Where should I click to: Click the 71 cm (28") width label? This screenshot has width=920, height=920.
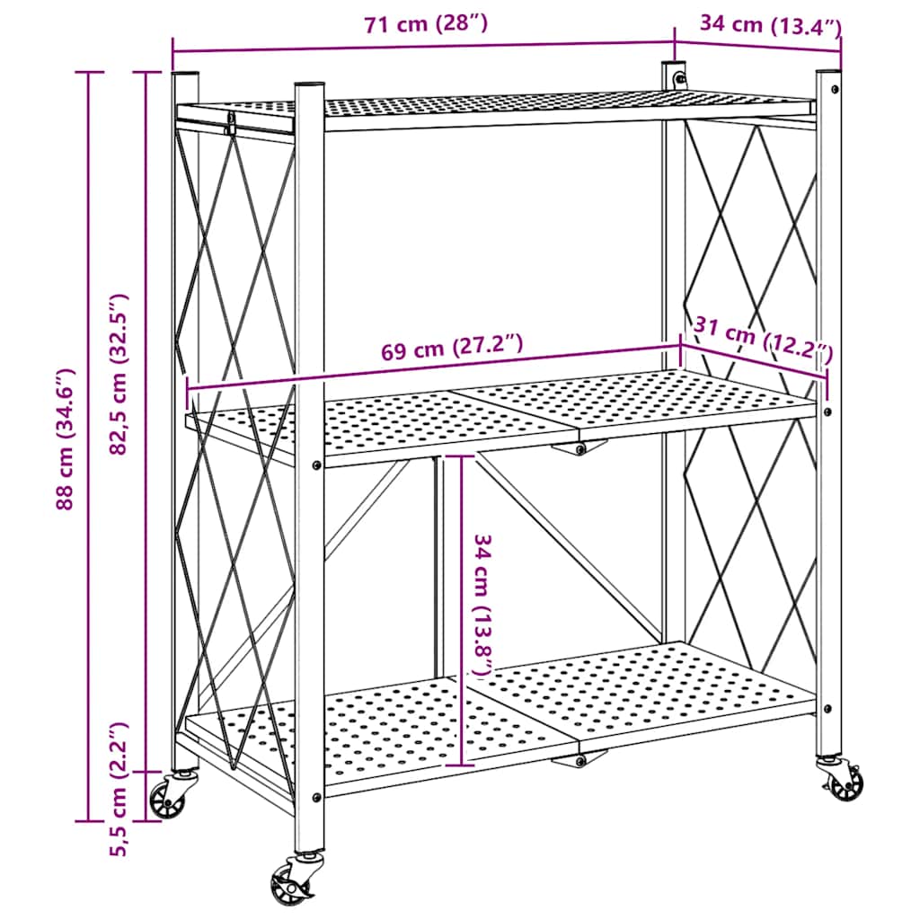[426, 24]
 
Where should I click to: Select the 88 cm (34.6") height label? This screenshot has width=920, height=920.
[64, 439]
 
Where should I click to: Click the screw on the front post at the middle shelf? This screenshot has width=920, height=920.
[316, 464]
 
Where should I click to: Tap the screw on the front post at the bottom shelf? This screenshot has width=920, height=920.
[316, 796]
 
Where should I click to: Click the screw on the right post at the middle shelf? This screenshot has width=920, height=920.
[827, 411]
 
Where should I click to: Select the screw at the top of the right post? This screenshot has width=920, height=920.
[836, 89]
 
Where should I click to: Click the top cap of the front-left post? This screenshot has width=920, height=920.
[309, 84]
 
